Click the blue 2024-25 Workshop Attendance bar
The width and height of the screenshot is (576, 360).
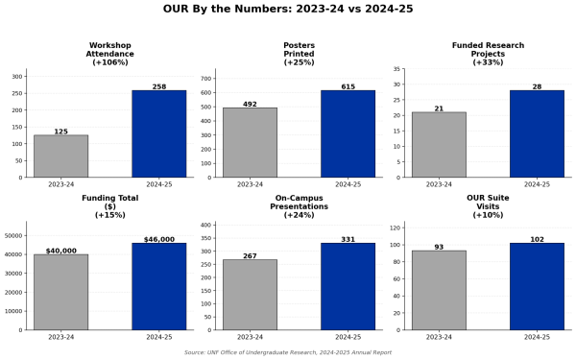[x=159, y=134]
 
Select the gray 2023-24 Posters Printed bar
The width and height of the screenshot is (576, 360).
[x=251, y=142]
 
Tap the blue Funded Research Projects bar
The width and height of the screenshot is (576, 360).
[x=537, y=134]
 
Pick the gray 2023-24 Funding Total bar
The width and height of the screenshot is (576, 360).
[x=61, y=292]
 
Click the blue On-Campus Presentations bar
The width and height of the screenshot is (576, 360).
[x=348, y=286]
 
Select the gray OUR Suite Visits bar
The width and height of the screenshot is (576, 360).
[x=439, y=290]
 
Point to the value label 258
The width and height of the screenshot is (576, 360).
[x=159, y=86]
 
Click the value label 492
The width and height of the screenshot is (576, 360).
[x=250, y=104]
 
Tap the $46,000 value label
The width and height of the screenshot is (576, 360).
[x=159, y=239]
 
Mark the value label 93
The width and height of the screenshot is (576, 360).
[x=439, y=247]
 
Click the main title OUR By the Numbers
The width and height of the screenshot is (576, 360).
[x=288, y=9]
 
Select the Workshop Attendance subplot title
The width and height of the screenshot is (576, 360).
[x=109, y=54]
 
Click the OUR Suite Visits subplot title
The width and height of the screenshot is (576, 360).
[x=488, y=206]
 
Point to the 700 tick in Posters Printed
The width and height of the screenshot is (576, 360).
[x=206, y=79]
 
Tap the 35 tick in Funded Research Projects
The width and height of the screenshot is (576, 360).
[x=396, y=69]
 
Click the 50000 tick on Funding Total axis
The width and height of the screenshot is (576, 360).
[x=13, y=235]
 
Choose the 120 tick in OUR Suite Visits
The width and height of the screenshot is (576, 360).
[x=396, y=228]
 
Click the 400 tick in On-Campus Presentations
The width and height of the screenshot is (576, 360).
[x=206, y=225]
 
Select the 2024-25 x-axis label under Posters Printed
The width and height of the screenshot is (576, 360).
[x=348, y=184]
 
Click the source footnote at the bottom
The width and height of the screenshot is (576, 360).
[x=288, y=352]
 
